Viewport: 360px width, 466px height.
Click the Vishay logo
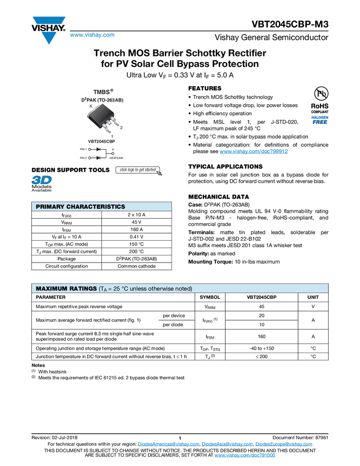click(48, 30)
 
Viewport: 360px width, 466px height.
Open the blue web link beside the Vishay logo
click(92, 36)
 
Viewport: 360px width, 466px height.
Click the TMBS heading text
click(102, 92)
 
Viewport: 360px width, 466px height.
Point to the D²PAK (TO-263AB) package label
click(101, 100)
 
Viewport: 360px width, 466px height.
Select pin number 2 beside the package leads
click(121, 127)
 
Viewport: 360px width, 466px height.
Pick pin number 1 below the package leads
click(112, 136)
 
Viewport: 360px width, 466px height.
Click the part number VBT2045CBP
click(101, 141)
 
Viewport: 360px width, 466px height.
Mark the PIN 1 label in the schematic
click(83, 149)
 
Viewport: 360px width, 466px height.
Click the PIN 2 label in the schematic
click(83, 158)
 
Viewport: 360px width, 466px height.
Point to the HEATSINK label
click(116, 158)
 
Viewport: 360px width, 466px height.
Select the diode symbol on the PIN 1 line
click(99, 149)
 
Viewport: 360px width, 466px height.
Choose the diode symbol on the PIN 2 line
click(99, 158)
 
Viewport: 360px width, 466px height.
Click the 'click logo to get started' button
click(139, 170)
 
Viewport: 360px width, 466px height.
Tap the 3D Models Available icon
click(41, 184)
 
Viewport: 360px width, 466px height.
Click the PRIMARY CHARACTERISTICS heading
click(80, 207)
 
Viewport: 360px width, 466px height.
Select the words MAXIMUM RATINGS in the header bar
click(66, 289)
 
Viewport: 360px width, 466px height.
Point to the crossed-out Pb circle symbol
click(319, 94)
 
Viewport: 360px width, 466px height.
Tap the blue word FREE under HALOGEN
click(319, 122)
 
